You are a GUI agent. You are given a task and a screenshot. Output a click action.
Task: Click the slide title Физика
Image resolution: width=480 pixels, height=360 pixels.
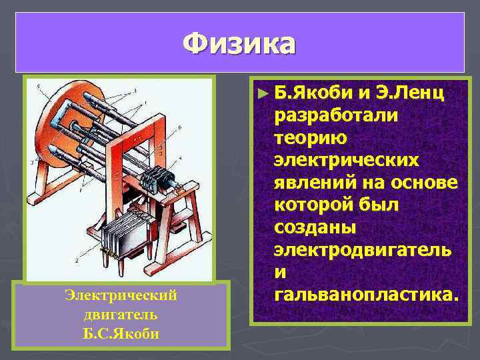[239, 43]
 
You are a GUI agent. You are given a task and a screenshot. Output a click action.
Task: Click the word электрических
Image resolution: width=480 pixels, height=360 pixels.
[346, 161]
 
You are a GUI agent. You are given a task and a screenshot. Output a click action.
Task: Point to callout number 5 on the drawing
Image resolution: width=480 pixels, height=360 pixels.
[39, 87]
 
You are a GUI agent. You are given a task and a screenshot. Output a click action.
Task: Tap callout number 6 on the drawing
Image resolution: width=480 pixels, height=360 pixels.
[180, 127]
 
